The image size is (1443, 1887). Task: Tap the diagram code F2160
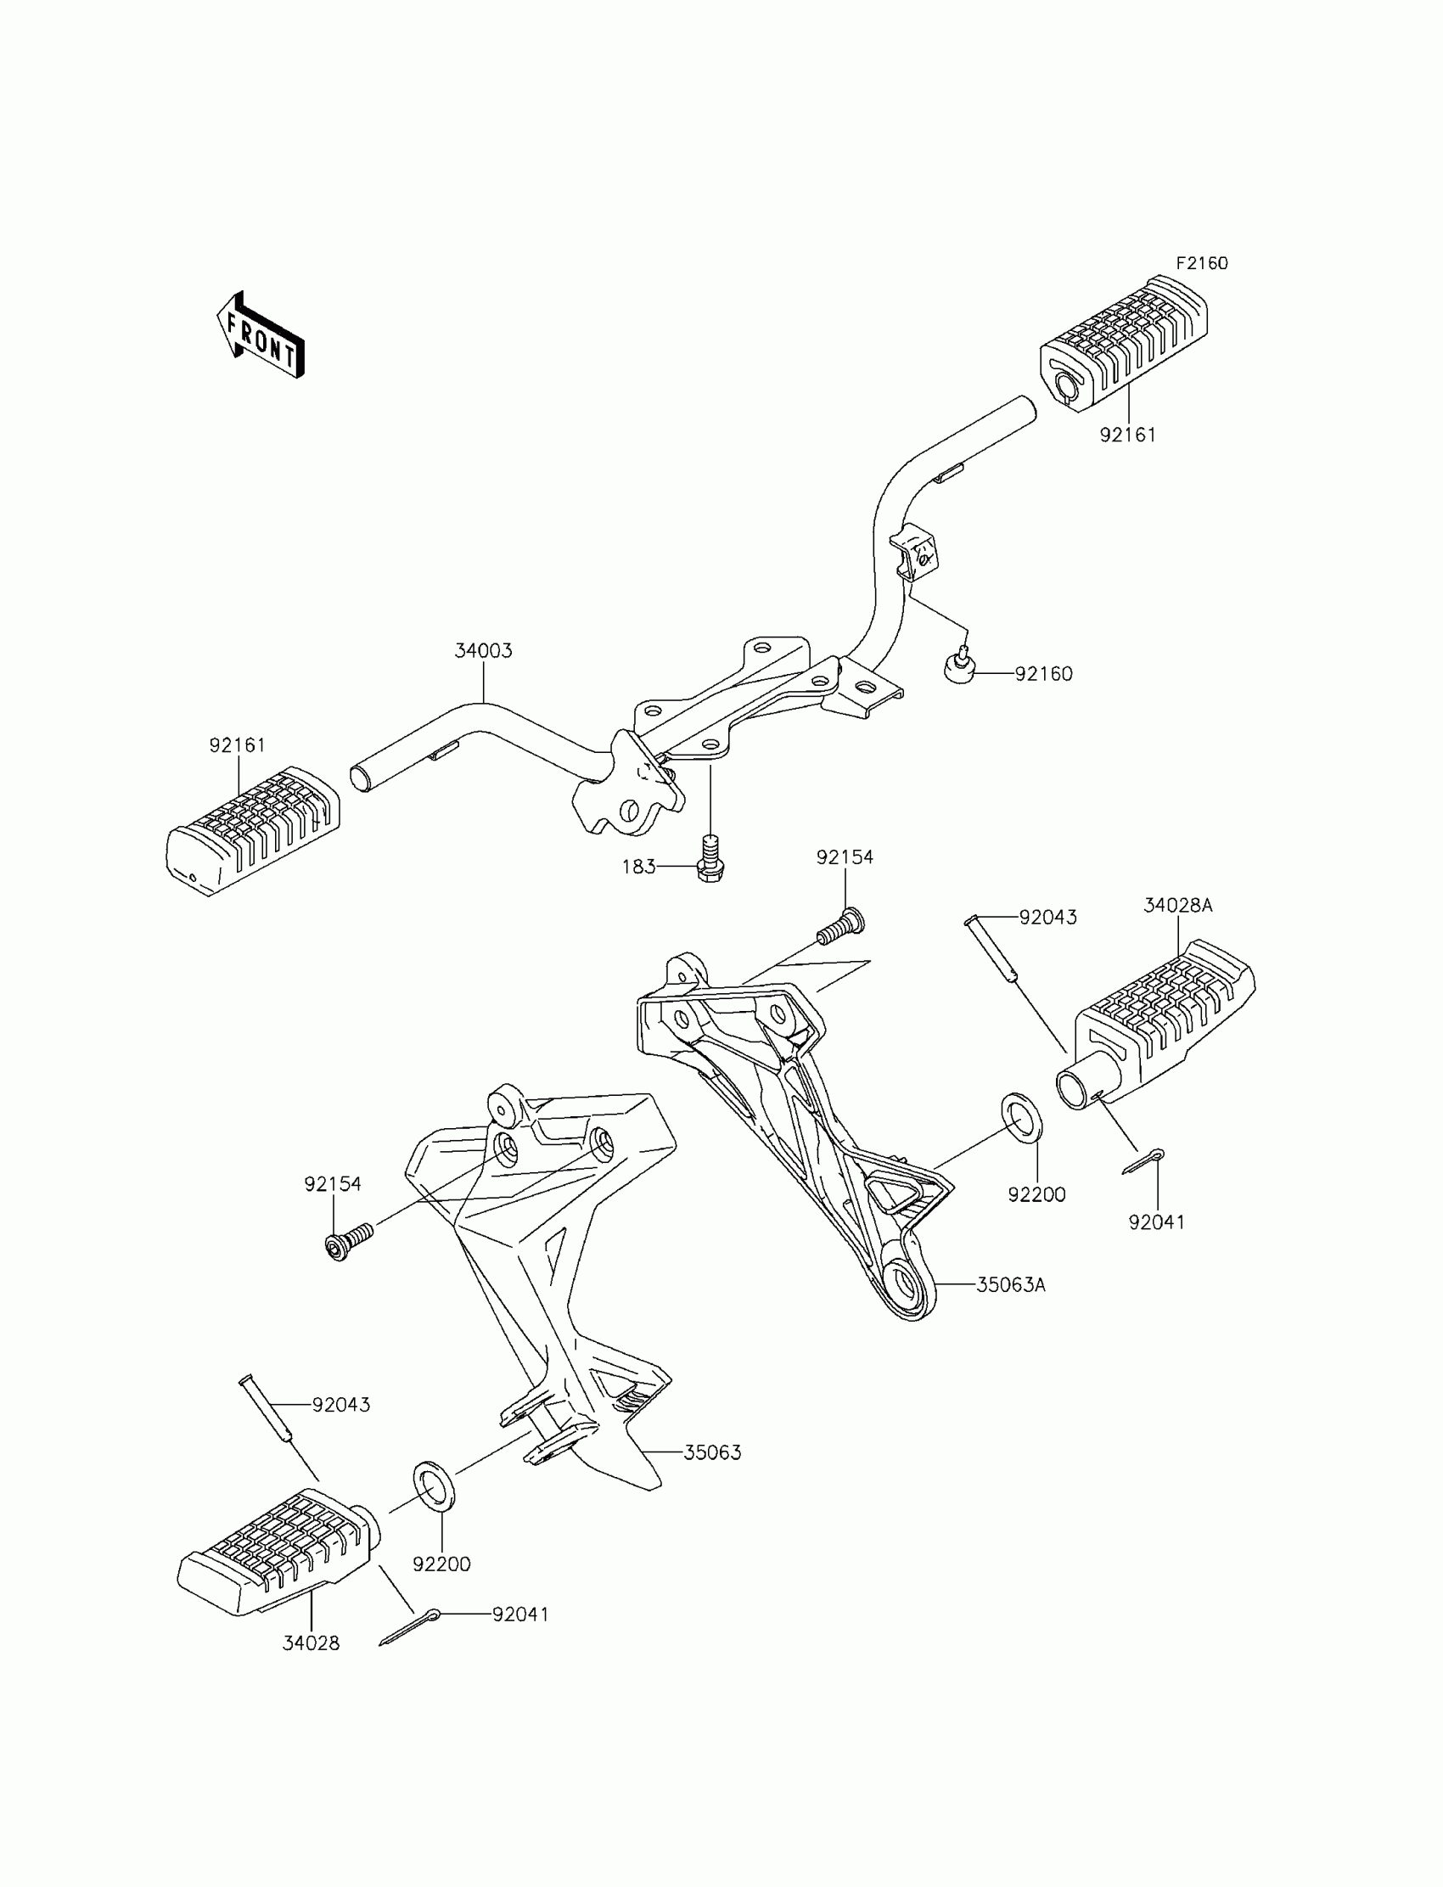1202,263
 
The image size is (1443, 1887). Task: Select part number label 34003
483,650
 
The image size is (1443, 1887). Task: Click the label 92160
1043,674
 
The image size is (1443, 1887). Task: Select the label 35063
712,1452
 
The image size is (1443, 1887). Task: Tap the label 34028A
1177,905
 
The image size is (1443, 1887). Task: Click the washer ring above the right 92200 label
1022,1117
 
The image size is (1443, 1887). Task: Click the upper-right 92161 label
1128,435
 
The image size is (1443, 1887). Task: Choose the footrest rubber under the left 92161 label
253,828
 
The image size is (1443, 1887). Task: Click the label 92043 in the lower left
341,1405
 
